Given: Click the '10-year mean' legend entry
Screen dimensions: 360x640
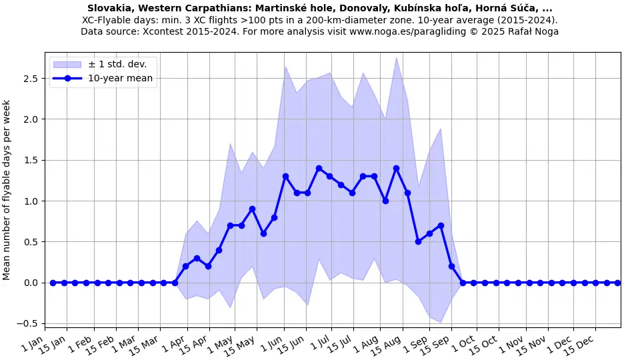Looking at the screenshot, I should [120, 78].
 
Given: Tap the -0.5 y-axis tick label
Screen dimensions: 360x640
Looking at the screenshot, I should [29, 324].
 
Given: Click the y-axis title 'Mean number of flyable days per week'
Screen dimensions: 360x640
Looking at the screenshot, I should [7, 190].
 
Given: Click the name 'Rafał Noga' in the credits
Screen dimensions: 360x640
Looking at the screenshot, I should [532, 31].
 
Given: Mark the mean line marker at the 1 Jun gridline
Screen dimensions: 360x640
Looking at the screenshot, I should [285, 177].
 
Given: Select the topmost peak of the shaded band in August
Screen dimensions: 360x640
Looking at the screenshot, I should [396, 57].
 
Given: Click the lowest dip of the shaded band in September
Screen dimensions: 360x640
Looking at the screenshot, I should [440, 323].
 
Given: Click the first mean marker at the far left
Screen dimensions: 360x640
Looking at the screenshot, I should [53, 283].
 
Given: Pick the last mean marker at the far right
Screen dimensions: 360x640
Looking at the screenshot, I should [617, 283].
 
